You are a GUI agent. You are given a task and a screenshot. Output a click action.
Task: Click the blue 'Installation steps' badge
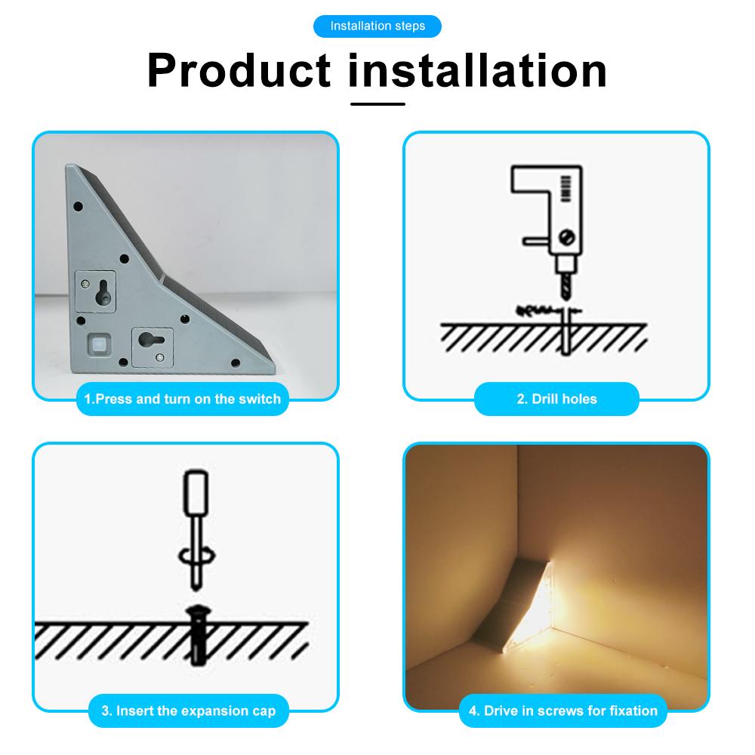(377, 26)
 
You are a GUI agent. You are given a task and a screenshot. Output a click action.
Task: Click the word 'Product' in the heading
(239, 70)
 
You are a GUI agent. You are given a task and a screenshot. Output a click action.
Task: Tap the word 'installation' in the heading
(478, 70)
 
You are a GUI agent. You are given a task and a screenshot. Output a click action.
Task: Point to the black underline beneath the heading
(377, 103)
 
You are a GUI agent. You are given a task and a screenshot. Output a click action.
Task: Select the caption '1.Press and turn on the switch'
(183, 399)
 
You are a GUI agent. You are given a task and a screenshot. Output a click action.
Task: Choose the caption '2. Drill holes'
(556, 399)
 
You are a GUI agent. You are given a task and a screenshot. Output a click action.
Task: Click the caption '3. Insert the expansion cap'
(188, 710)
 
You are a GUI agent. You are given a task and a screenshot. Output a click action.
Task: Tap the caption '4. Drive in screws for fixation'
(563, 710)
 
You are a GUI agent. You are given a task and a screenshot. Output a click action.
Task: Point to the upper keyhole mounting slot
(98, 291)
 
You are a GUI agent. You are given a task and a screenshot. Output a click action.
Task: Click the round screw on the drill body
(569, 239)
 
